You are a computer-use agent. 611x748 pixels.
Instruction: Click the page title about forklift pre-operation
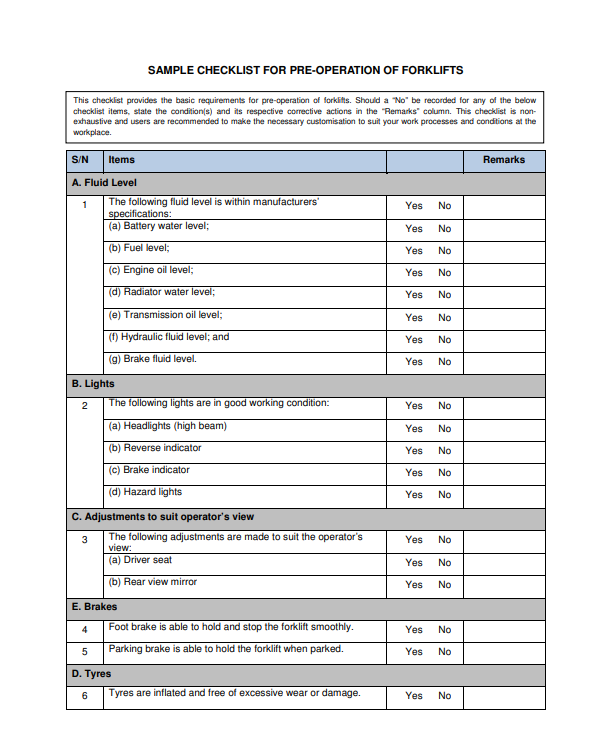pos(305,71)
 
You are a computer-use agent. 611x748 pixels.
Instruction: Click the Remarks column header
pos(503,160)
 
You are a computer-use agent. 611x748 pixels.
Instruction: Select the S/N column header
pos(81,160)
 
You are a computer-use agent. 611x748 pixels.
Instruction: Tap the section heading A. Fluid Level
pos(104,183)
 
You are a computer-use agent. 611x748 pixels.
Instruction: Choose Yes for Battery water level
pos(414,228)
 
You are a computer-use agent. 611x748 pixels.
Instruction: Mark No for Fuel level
pos(444,250)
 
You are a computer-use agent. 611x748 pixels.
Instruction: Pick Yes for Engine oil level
pos(414,272)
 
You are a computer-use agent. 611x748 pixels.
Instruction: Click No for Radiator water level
pos(444,294)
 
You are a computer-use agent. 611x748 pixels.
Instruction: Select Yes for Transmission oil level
pos(414,317)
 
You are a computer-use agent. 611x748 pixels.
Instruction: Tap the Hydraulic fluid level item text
pos(169,337)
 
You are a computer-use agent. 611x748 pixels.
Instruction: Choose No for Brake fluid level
pos(444,361)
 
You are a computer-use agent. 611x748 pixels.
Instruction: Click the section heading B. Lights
pos(93,383)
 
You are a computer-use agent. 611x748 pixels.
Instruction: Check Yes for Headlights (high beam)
pos(414,428)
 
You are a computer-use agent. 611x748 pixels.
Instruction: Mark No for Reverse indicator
pos(444,450)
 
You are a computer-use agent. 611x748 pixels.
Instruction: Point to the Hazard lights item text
pos(145,492)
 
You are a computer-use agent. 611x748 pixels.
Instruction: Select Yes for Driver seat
pos(414,562)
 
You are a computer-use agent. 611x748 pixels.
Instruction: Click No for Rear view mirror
pos(444,584)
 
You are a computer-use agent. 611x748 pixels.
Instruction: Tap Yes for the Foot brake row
pos(414,630)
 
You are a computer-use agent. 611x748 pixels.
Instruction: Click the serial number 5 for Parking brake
pos(85,651)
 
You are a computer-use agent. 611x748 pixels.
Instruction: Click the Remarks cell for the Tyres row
pos(504,696)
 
